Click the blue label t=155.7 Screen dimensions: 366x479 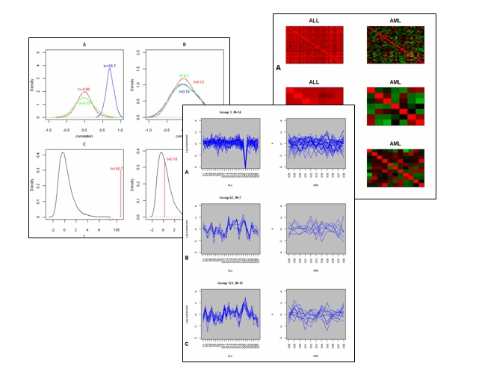(x=109, y=66)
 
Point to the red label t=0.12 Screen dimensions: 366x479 (x=198, y=81)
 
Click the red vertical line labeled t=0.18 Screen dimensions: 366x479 (x=164, y=190)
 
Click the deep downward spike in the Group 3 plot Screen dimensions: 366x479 (x=245, y=158)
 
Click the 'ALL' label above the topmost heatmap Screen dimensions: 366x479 (x=314, y=19)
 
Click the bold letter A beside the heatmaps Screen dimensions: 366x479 (x=279, y=67)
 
